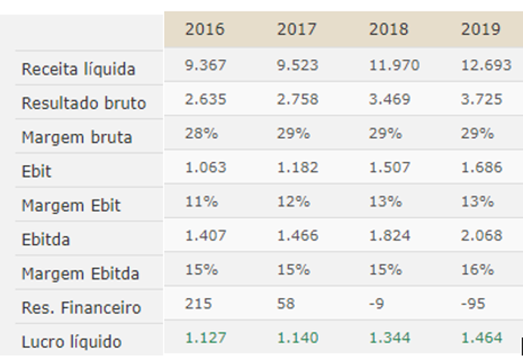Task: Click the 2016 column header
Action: (x=205, y=30)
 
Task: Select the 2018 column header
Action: (x=388, y=30)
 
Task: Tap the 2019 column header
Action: (x=481, y=30)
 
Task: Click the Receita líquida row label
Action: (x=78, y=70)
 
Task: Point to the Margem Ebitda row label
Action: (x=81, y=274)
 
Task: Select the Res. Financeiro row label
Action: (x=81, y=308)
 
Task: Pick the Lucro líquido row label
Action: (x=72, y=342)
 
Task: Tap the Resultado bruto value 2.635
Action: (x=206, y=99)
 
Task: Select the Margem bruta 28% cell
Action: (x=199, y=133)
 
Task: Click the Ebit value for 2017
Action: (x=297, y=167)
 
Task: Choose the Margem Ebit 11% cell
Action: (x=199, y=201)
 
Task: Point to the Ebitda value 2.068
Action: (x=481, y=235)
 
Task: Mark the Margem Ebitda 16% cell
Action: (x=477, y=269)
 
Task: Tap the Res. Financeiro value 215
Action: (x=199, y=303)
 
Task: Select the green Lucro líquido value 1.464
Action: (x=481, y=337)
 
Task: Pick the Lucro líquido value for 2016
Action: (x=206, y=337)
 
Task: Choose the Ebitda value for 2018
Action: (x=389, y=235)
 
